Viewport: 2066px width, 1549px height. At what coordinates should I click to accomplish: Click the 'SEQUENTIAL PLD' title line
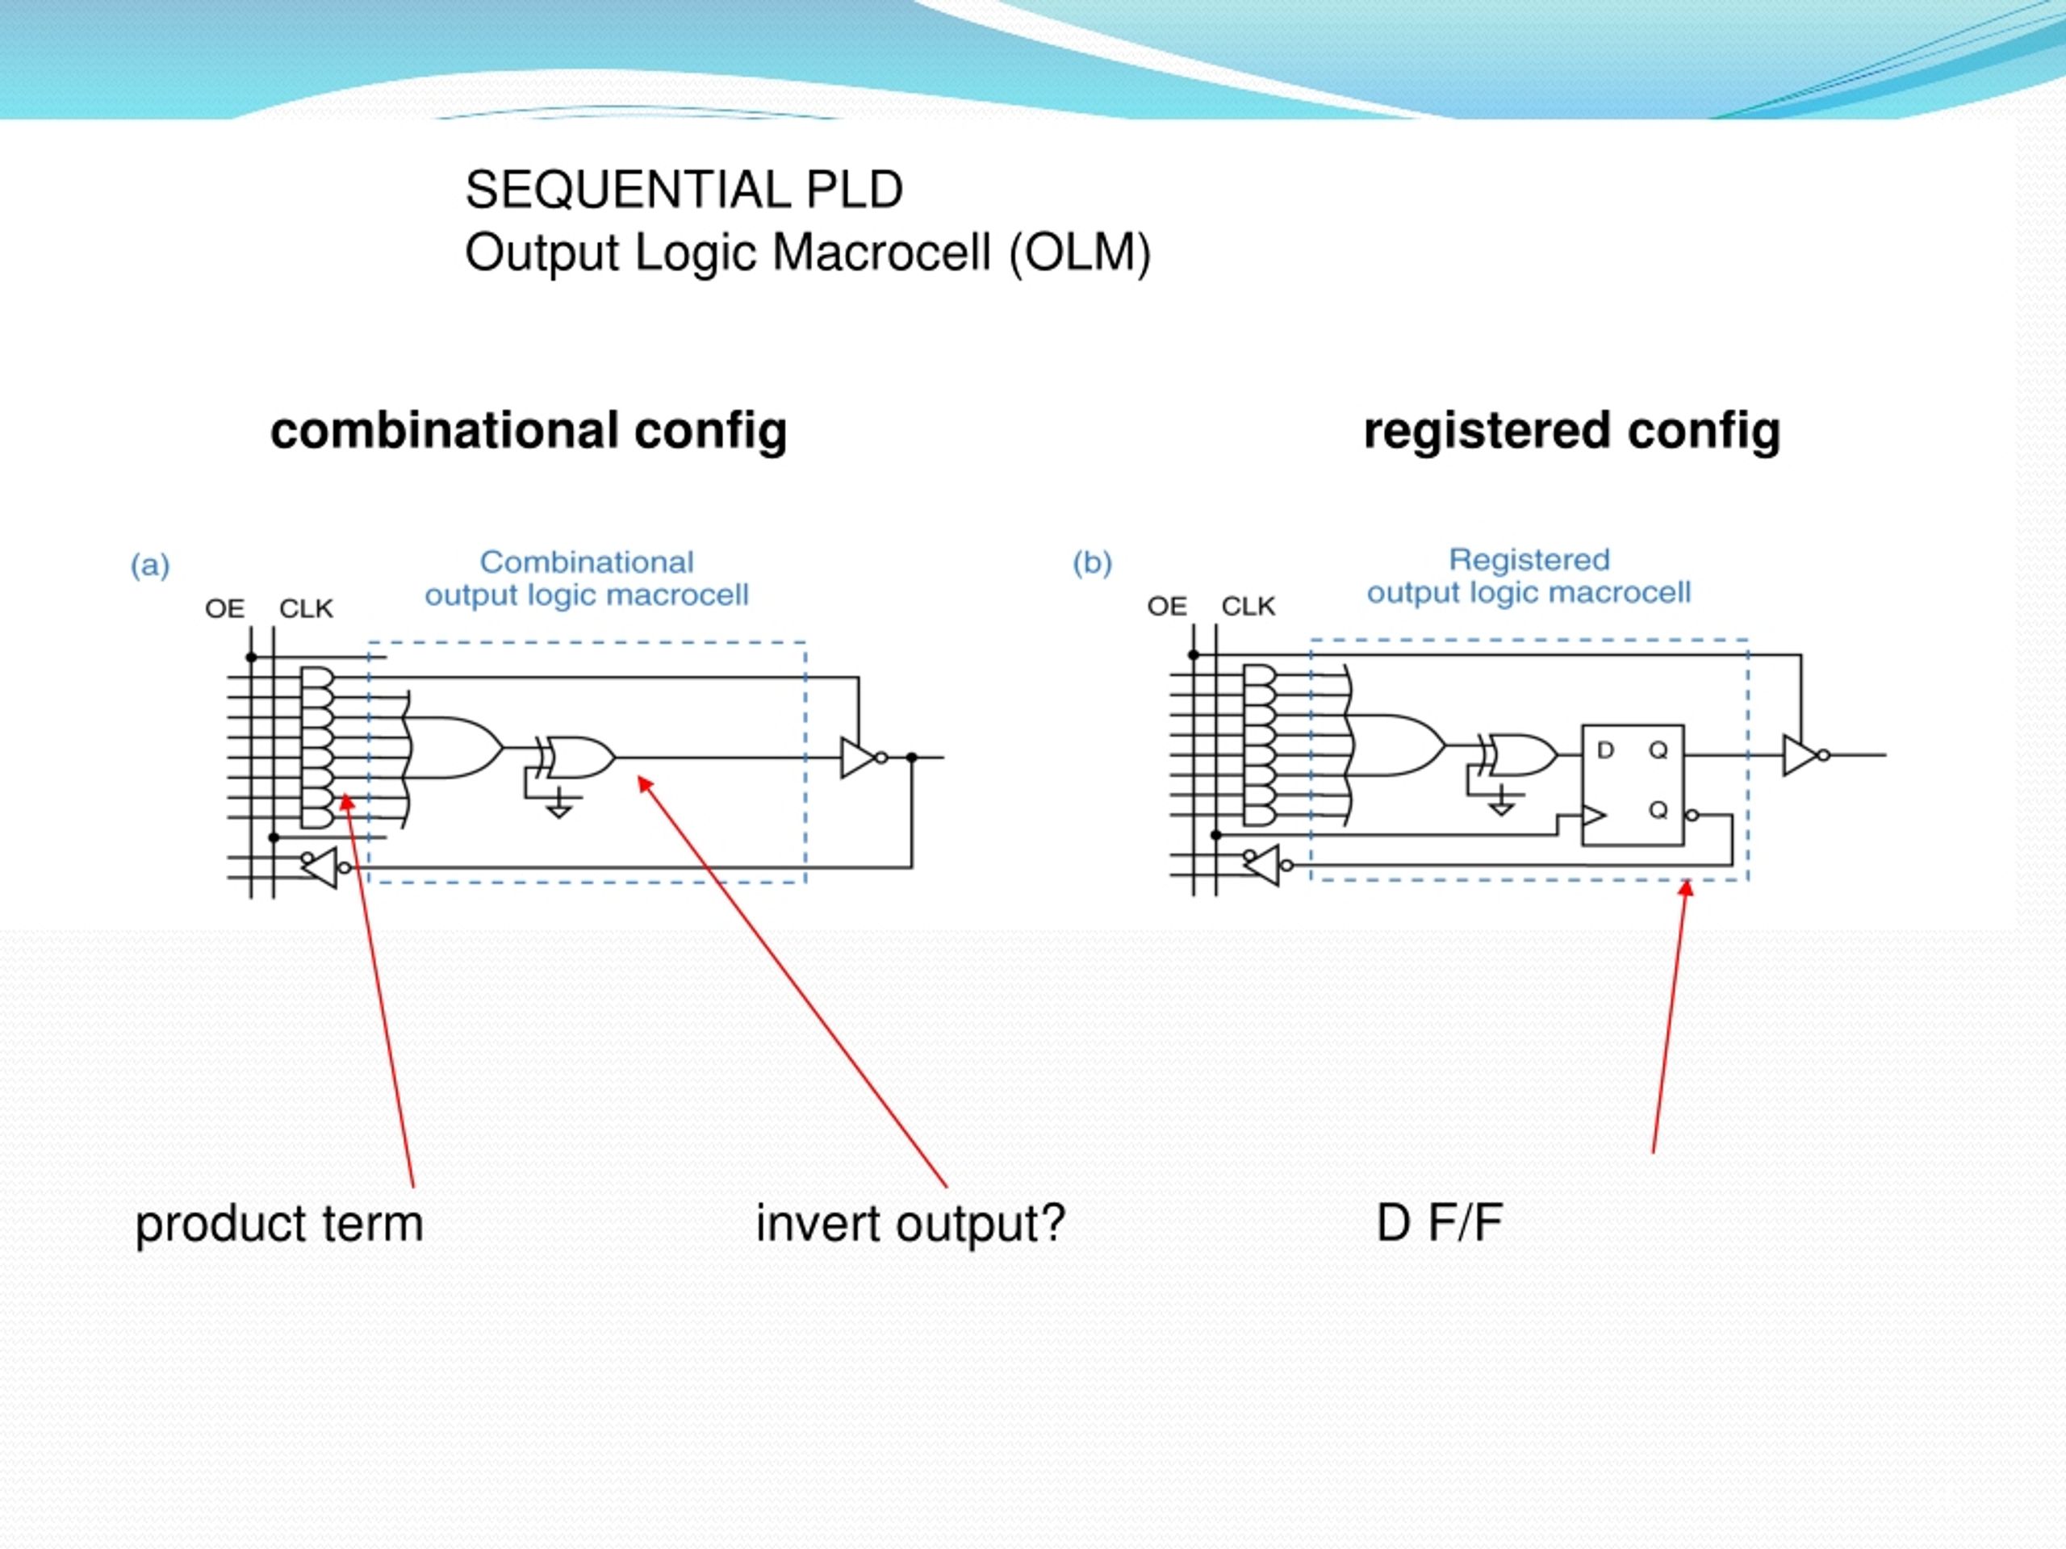click(x=684, y=190)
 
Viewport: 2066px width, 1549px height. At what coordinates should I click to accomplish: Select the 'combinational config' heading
click(x=529, y=432)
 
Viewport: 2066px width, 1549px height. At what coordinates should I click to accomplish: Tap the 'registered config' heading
click(x=1571, y=432)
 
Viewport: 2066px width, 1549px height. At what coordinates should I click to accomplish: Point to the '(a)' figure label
click(x=150, y=566)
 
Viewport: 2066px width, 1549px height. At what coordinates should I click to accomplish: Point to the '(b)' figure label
click(x=1092, y=564)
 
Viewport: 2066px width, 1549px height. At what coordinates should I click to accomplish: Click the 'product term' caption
click(x=279, y=1223)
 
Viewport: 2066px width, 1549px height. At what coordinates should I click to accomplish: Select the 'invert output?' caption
click(x=910, y=1223)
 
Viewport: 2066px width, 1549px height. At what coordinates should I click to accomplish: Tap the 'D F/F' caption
click(x=1438, y=1223)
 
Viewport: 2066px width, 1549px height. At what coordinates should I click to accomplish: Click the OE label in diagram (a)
click(x=224, y=610)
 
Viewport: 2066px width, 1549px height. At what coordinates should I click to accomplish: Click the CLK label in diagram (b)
click(x=1248, y=607)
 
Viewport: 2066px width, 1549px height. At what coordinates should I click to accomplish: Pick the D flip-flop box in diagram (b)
click(x=1633, y=785)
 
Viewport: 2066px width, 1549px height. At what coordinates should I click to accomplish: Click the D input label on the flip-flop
click(x=1605, y=750)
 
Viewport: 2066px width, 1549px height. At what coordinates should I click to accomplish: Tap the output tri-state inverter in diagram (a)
click(x=859, y=758)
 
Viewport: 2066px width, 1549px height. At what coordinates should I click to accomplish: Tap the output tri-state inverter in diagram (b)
click(x=1800, y=754)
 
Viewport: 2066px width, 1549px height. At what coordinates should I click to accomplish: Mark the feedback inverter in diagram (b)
click(x=1263, y=866)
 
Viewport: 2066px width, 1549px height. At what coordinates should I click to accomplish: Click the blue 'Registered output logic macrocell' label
click(x=1529, y=576)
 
